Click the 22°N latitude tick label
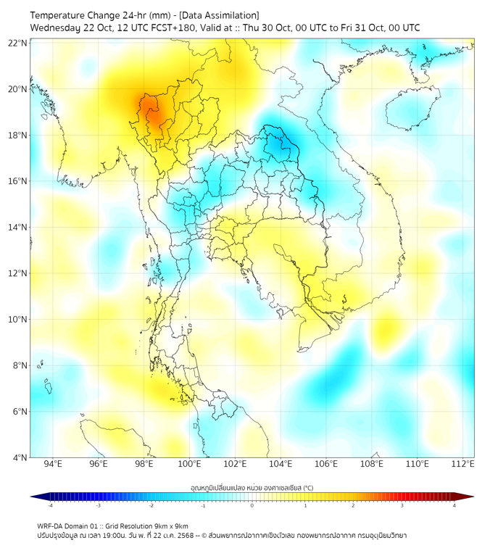tap(17, 43)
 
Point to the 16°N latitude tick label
tap(17, 181)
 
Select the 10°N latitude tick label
tap(17, 319)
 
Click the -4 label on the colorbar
tap(49, 506)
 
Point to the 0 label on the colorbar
tap(252, 506)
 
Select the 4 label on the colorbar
tap(454, 506)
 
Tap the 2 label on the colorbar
tap(353, 506)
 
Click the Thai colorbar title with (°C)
tap(252, 487)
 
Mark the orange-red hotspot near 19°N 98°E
tap(151, 111)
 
